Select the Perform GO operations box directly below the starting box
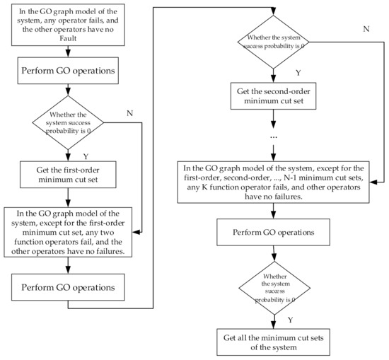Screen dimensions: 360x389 pos(68,71)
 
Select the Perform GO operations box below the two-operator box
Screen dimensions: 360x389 pos(68,289)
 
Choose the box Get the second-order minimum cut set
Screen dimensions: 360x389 pos(272,97)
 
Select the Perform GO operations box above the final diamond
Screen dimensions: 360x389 pos(272,232)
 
